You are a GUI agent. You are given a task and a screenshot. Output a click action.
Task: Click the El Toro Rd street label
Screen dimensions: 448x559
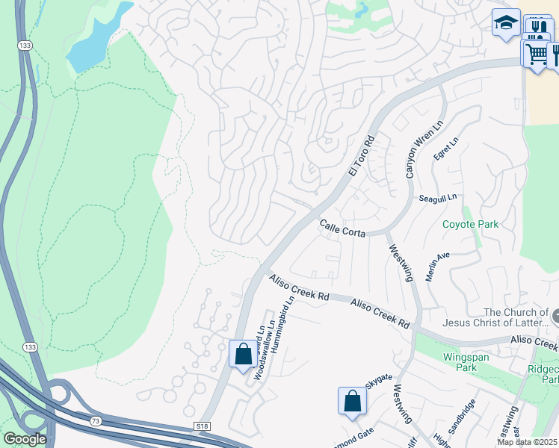coord(360,156)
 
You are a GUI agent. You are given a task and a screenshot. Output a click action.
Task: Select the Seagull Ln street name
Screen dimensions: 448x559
coord(437,198)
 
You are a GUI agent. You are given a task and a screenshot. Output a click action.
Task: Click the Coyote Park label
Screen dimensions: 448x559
coord(469,224)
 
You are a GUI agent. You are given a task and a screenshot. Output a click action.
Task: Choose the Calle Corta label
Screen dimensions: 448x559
coord(342,228)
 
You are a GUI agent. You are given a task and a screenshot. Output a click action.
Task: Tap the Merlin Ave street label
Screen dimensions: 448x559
coord(437,266)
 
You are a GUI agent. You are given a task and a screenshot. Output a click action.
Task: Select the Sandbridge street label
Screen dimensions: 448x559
coord(461,417)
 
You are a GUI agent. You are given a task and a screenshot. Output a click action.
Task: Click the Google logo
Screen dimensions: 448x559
coord(25,439)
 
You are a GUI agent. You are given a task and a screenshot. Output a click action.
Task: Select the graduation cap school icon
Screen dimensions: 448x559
coord(506,22)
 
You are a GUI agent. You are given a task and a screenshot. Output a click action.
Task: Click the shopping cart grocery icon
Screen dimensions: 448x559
coord(535,53)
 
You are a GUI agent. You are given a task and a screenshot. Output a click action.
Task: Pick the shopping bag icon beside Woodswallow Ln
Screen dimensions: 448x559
coord(243,353)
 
